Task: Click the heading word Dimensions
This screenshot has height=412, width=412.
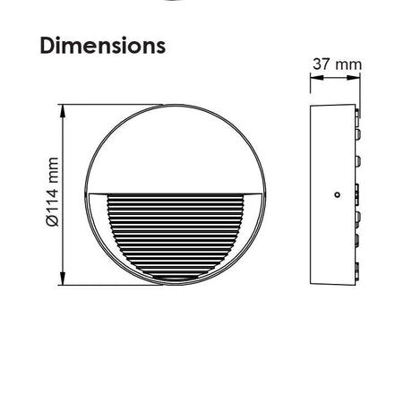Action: (103, 46)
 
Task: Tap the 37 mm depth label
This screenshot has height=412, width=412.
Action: (337, 64)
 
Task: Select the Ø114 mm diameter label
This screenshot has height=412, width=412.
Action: (53, 192)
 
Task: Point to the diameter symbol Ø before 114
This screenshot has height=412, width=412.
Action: (53, 221)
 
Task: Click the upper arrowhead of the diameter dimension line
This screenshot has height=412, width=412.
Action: (63, 111)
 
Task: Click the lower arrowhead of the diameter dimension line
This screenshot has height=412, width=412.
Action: (63, 279)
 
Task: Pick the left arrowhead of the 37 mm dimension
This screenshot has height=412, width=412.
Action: (317, 78)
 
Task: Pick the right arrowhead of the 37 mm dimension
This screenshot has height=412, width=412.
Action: (354, 78)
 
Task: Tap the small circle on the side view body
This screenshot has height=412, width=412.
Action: (337, 194)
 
